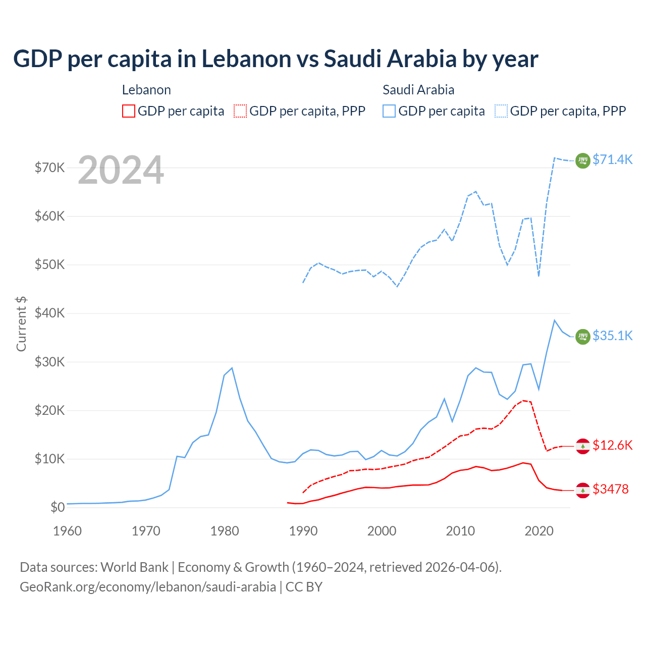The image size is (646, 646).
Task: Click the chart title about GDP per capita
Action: pos(276,59)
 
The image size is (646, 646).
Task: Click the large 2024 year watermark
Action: pos(121,170)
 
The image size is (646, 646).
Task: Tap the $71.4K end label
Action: pos(612,159)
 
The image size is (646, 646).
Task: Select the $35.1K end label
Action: pos(612,336)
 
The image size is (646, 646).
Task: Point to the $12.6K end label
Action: pos(612,445)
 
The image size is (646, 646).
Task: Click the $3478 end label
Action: pos(611,489)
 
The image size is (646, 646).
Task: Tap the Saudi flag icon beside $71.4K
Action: pos(583,160)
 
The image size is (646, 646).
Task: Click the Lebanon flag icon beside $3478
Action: pos(583,490)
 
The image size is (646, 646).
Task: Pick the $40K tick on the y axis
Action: pos(50,313)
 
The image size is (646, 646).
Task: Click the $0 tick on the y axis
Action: pos(58,507)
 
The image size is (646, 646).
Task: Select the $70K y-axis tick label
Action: pos(50,168)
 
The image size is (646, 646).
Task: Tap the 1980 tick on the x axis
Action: pos(225,531)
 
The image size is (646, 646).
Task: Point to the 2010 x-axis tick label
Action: pos(460,531)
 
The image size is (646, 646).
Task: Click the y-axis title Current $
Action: pos(21,324)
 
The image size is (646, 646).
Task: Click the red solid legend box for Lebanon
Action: pos(129,111)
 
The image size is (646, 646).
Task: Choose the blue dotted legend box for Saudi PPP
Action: pos(501,111)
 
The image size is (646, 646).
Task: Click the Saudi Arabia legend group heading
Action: pos(418,90)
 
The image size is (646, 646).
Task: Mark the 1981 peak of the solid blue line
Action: pos(232,368)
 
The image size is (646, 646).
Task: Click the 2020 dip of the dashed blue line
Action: pos(539,276)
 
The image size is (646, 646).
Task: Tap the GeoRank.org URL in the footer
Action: pos(148,587)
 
